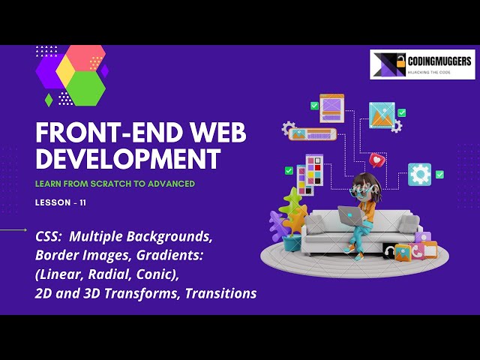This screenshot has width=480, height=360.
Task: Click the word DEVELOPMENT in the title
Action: point(128,158)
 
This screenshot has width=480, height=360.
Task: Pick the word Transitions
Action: point(219,293)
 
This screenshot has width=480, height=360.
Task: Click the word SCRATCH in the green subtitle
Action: point(102,184)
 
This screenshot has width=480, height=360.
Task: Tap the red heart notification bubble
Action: point(377,160)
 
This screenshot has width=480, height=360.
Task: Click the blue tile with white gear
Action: point(419,175)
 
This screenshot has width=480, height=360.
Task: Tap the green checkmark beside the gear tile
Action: point(439,175)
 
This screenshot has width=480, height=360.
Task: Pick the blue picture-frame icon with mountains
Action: point(382,115)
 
